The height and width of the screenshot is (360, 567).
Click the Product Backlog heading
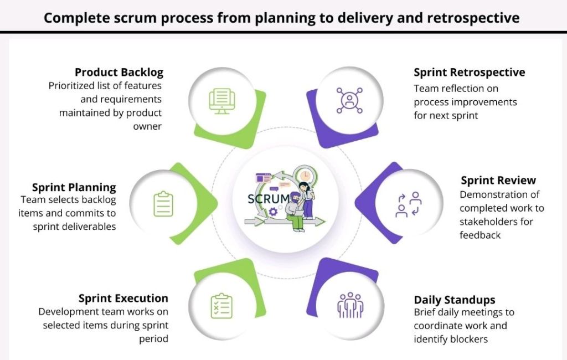pos(119,73)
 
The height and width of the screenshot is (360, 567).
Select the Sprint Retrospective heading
pos(469,73)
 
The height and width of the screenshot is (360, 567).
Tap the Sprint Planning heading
pos(74,187)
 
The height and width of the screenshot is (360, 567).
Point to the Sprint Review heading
pos(498,181)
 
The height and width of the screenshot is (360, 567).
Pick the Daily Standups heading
pos(454,300)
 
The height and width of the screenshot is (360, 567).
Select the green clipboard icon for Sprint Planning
pos(163,204)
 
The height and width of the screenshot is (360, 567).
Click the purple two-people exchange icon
pos(409,204)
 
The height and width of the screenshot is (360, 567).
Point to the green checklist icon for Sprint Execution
pos(221,306)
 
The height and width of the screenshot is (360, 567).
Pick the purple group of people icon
pos(350,305)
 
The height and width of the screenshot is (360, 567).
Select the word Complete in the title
pos(74,18)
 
